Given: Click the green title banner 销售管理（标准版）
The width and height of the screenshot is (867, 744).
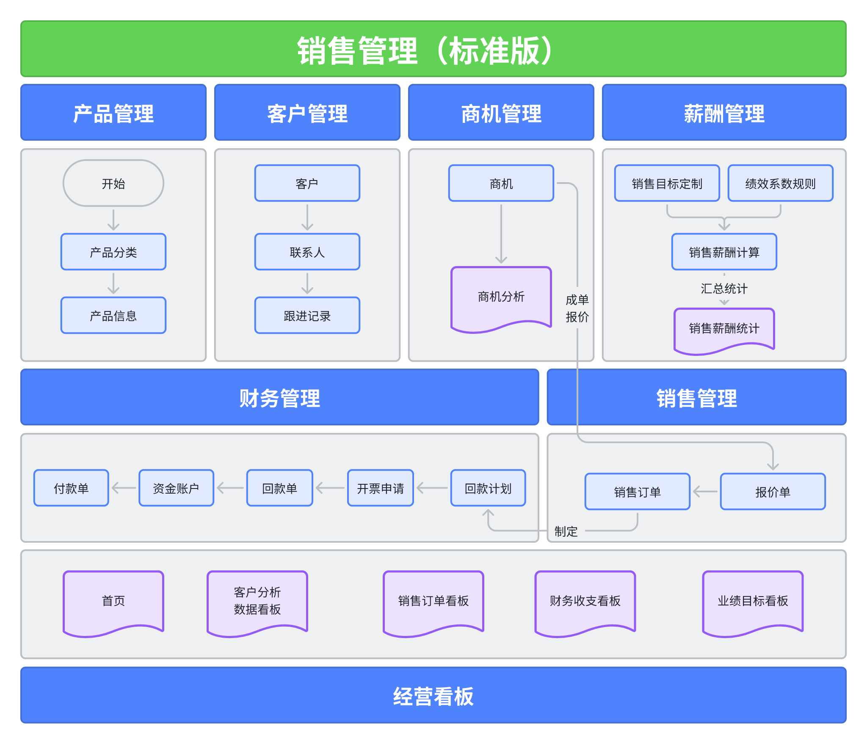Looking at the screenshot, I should point(433,49).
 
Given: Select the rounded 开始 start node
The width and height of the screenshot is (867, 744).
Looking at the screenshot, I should point(113,183).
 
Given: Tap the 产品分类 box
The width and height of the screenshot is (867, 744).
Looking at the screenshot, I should point(113,252).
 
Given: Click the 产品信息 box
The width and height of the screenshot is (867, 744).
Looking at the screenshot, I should point(113,316).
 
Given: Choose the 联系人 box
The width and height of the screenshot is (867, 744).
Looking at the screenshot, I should point(307,252).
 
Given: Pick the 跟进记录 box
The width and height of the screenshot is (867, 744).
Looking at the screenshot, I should point(307,316).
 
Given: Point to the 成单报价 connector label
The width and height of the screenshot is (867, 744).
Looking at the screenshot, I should point(577,308).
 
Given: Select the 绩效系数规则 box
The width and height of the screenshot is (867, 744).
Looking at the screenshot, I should point(780,183).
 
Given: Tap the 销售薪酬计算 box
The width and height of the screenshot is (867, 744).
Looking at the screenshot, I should point(724,252).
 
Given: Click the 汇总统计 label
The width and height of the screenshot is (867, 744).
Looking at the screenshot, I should point(724,289).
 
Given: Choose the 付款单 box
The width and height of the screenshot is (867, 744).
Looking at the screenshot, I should point(71,488).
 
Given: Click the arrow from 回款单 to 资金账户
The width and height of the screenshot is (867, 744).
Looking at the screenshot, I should point(230,488).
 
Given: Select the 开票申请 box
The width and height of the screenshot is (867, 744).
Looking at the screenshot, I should point(380,488).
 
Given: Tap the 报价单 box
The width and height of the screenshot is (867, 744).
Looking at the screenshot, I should point(773,491).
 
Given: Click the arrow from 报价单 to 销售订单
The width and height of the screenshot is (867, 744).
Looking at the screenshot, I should point(705,491).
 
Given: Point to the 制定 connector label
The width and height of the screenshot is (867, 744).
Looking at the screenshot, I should point(566,531).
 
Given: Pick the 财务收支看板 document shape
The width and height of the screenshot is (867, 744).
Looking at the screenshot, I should point(585,601).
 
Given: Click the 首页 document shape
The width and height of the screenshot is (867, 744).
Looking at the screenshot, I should point(113,601).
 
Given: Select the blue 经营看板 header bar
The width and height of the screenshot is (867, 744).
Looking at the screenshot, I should point(433,696).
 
